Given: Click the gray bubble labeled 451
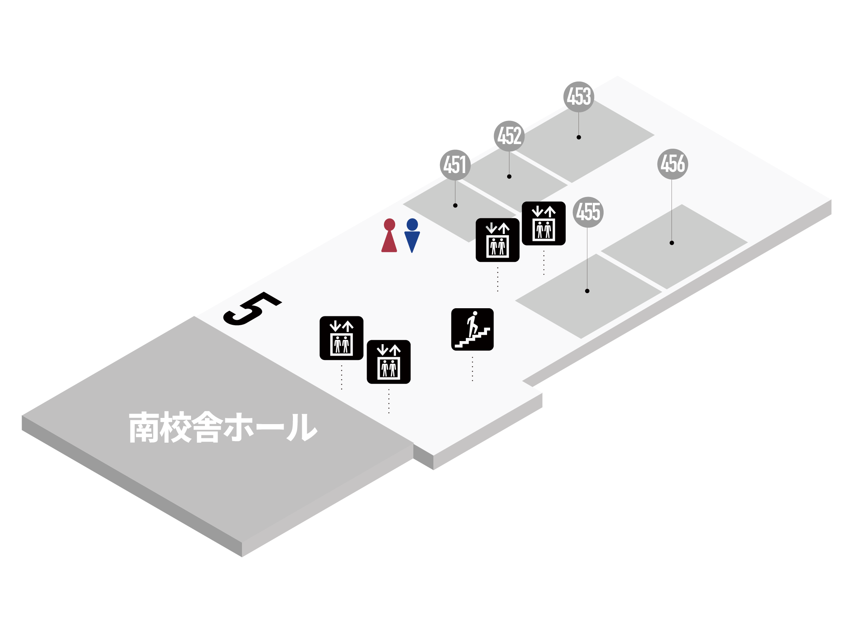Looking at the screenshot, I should point(455,165).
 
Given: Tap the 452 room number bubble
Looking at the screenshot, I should point(509,136).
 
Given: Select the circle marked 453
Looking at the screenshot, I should point(579,97).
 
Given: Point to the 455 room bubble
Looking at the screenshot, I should point(588,212).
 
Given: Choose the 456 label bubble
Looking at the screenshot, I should point(672,164).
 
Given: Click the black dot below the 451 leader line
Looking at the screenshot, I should point(455,205).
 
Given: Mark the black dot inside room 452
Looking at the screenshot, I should point(509,177).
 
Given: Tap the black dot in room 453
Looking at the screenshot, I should point(579,137).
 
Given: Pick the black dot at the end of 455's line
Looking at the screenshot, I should point(587,291).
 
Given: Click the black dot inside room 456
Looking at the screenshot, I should point(672,243).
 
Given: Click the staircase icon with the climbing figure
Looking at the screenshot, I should point(472,329).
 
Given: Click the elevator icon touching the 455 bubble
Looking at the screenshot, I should point(543,223).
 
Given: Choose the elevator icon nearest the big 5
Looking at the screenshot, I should point(341,338).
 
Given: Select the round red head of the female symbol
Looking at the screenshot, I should point(389,224).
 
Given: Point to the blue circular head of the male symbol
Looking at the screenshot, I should point(412,224).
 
